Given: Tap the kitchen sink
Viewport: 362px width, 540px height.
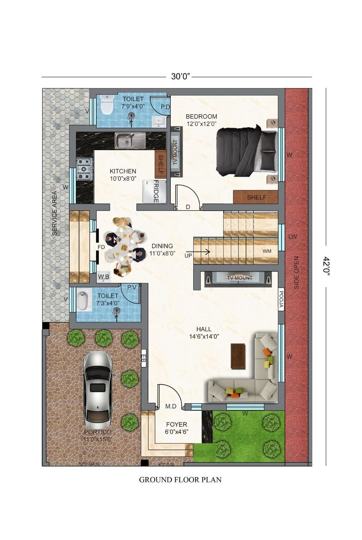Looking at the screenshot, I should (x=130, y=140).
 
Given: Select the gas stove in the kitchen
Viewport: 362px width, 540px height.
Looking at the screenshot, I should (x=85, y=169).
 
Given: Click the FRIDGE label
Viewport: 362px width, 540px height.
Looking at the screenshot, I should (x=156, y=191).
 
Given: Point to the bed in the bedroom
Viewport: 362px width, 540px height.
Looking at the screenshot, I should (x=246, y=151).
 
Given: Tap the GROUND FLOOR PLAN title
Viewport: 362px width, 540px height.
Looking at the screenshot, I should (x=180, y=480).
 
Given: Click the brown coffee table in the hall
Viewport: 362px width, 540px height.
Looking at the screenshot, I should (x=238, y=356).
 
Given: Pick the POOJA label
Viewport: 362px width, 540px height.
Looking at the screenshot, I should (x=281, y=300).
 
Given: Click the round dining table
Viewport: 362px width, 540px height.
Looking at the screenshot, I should (x=124, y=247).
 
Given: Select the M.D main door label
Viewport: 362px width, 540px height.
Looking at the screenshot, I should (x=171, y=406).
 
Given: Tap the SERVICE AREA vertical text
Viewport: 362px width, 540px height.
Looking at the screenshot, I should (x=54, y=213).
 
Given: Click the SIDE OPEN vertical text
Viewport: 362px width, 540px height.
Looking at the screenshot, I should (x=296, y=272).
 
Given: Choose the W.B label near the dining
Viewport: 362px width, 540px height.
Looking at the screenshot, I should (x=103, y=277).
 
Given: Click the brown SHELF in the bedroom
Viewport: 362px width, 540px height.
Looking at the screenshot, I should (x=256, y=197).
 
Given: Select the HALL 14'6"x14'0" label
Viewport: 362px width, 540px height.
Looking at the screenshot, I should (x=204, y=332).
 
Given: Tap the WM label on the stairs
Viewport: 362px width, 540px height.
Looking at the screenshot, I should (x=267, y=251).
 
